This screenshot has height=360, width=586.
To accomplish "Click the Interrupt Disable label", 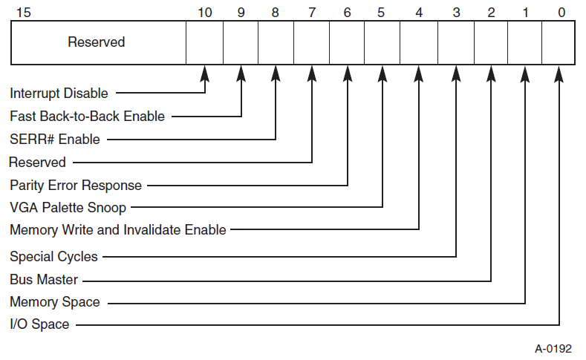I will pyautogui.click(x=59, y=94).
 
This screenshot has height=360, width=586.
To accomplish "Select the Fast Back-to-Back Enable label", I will pyautogui.click(x=87, y=117).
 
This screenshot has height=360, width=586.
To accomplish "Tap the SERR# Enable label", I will pyautogui.click(x=54, y=139).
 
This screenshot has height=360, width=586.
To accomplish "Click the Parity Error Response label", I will pyautogui.click(x=76, y=185).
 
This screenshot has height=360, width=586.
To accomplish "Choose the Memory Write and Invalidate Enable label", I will pyautogui.click(x=117, y=230).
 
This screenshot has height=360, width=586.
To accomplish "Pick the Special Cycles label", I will pyautogui.click(x=53, y=257).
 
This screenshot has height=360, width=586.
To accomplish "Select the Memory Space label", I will pyautogui.click(x=54, y=302).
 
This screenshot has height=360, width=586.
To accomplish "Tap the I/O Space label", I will pyautogui.click(x=39, y=324).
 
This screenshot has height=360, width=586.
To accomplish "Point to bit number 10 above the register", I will pyautogui.click(x=205, y=13).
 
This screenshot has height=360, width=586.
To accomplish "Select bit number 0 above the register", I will pyautogui.click(x=561, y=13).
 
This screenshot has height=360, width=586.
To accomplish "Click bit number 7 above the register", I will pyautogui.click(x=311, y=13).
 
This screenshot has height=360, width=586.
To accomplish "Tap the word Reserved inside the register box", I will pyautogui.click(x=97, y=42).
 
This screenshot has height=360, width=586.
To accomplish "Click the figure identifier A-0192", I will pyautogui.click(x=553, y=349).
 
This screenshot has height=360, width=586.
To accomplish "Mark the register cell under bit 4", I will pyautogui.click(x=418, y=42).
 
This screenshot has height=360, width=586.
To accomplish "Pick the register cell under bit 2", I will pyautogui.click(x=490, y=42).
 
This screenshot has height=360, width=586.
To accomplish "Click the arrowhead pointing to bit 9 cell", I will pyautogui.click(x=241, y=73).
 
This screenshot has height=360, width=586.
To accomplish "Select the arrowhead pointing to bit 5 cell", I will pyautogui.click(x=382, y=73).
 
